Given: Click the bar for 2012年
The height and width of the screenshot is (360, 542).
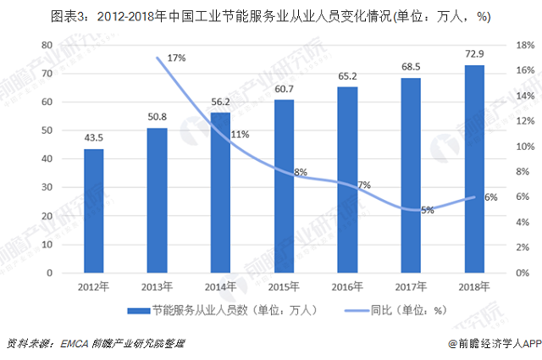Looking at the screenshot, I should pos(94,211).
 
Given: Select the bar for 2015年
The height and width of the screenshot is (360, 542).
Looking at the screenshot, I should pos(284,186).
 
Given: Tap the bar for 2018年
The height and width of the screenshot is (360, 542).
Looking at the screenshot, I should pos(474,169).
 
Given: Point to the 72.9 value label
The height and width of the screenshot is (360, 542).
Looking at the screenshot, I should pos(474,54).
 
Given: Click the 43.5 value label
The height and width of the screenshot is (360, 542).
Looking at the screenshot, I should pos(94,138).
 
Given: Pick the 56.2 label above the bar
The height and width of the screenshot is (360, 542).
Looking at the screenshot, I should pos(220,102).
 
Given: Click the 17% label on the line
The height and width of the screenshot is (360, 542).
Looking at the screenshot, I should pos(176,58).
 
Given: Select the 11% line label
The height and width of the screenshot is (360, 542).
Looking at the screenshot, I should pos(240,134).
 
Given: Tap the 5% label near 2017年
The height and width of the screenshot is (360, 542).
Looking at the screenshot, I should pos(427,210).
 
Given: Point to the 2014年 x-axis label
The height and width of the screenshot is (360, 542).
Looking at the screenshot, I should pos(220,285).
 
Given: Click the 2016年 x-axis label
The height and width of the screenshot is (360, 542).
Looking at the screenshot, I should pos(347,285).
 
